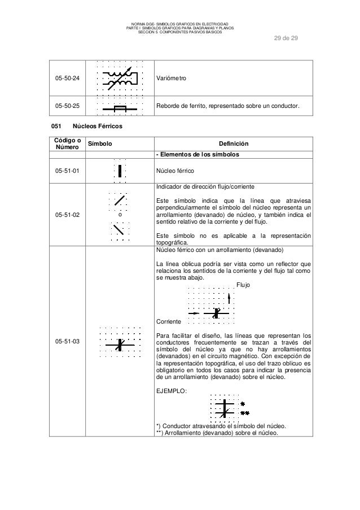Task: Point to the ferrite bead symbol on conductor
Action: pos(120,107)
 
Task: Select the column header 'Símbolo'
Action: pos(100,144)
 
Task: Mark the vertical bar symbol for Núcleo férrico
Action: pos(120,171)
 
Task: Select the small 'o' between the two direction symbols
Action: pos(120,215)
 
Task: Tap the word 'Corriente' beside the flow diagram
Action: pos(169,321)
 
